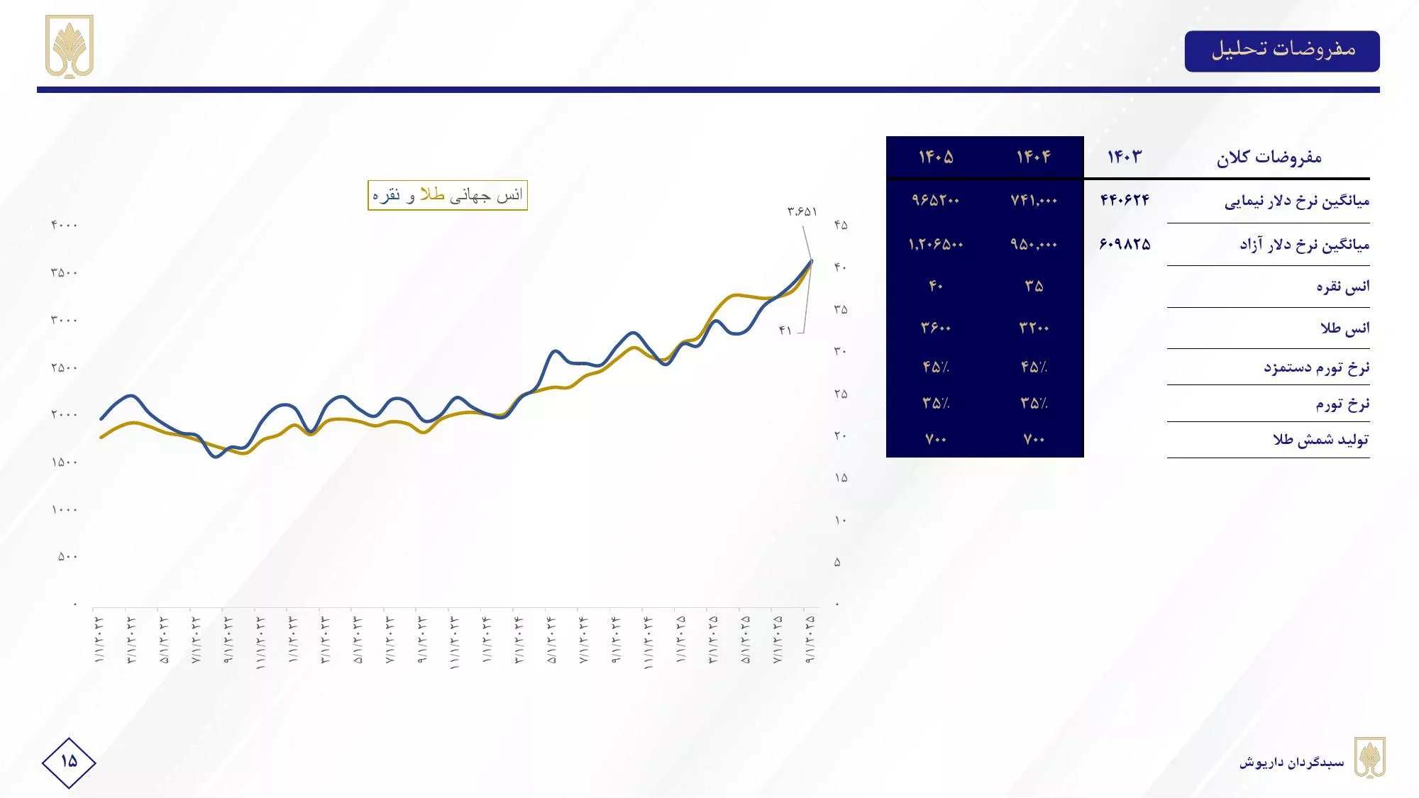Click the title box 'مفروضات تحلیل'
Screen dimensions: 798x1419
tap(1282, 50)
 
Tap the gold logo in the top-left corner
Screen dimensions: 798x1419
tap(70, 46)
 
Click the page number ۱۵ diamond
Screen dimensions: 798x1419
tap(69, 762)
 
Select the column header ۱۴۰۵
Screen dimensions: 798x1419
tap(936, 157)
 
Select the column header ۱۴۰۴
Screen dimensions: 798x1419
tap(1034, 157)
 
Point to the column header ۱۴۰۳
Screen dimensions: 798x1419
tap(1125, 157)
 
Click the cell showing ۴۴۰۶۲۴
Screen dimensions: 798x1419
tap(1125, 200)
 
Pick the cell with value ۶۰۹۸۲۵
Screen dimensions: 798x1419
tap(1125, 244)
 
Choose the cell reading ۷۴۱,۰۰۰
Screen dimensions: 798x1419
tap(1034, 201)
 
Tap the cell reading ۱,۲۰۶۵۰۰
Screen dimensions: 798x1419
tap(936, 245)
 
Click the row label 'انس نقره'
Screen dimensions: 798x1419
tap(1342, 287)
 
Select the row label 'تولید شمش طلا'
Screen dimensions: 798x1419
tap(1320, 440)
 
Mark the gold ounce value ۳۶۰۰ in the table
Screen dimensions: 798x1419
tap(936, 328)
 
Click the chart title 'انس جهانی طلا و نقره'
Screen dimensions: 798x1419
tap(448, 195)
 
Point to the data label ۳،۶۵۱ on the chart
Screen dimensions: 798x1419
tap(802, 211)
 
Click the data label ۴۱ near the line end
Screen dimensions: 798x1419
tap(785, 331)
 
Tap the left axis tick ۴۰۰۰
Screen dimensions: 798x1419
tap(64, 225)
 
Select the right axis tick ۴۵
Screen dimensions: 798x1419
tap(841, 225)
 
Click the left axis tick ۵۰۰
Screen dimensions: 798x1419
tap(67, 557)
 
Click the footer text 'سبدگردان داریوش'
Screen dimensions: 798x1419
tap(1291, 763)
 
